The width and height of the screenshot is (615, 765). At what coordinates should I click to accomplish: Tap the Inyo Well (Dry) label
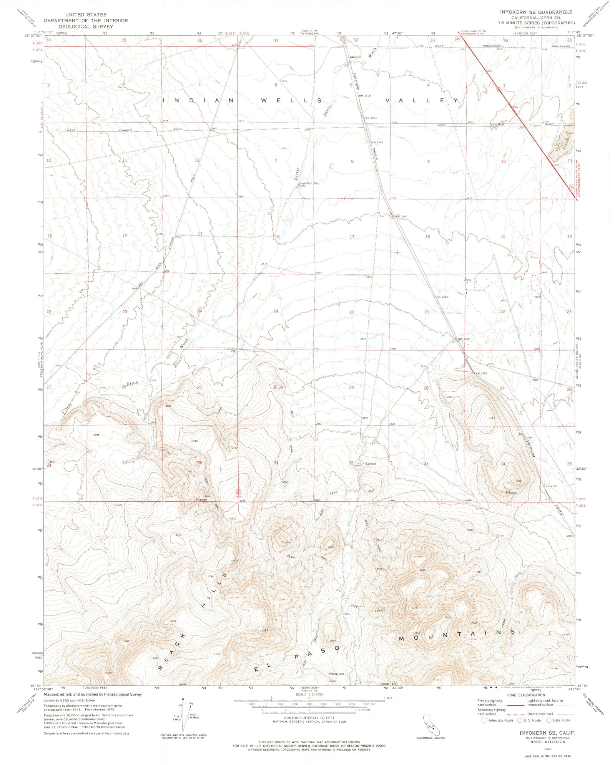[x=310, y=183]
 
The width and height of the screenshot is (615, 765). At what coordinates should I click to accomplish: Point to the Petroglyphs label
[x=337, y=674]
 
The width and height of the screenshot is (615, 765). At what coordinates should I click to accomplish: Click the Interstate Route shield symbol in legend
[x=484, y=720]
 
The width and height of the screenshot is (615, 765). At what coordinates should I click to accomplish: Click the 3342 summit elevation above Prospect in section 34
[x=518, y=481]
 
